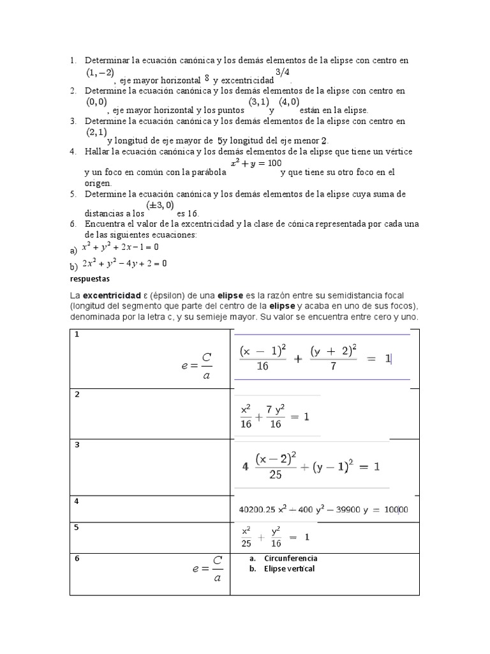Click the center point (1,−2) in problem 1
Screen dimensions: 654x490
[x=100, y=73]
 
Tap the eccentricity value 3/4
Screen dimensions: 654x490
[x=283, y=71]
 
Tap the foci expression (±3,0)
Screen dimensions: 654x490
[x=160, y=205]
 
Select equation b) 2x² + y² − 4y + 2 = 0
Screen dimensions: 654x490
[x=124, y=263]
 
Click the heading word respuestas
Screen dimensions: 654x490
[x=90, y=279]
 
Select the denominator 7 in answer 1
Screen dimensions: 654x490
[x=332, y=367]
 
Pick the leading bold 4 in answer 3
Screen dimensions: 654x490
[x=245, y=467]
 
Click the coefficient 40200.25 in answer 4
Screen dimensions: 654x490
[x=260, y=510]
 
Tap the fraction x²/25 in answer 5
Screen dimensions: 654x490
[x=246, y=537]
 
